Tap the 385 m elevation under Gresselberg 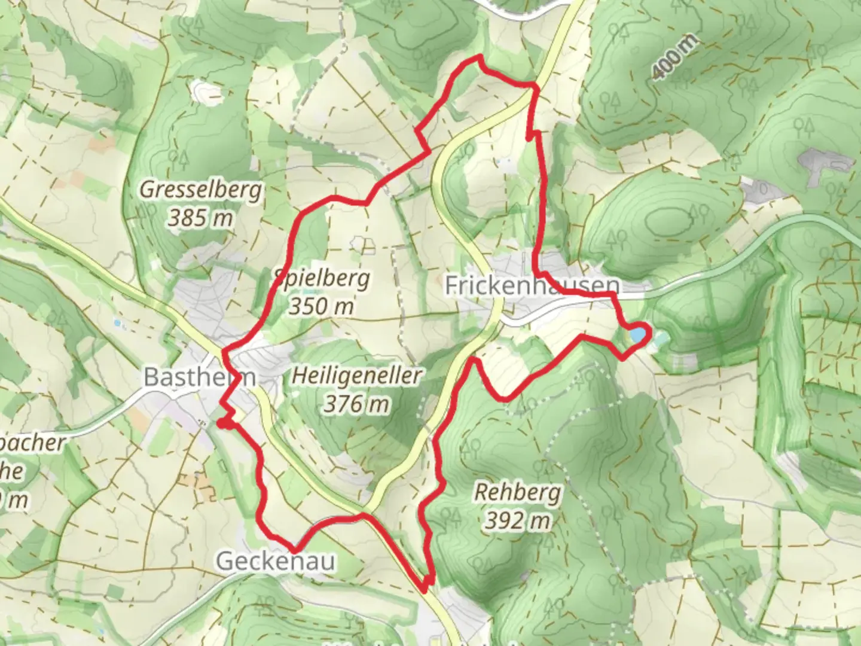[x=200, y=218]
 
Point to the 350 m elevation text [x=321, y=306]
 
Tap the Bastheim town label [x=200, y=377]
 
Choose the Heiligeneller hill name [x=357, y=376]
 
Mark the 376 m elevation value [x=357, y=404]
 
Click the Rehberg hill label [x=518, y=493]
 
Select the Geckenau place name [x=276, y=561]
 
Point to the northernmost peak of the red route [x=479, y=57]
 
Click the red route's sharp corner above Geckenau [x=294, y=550]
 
